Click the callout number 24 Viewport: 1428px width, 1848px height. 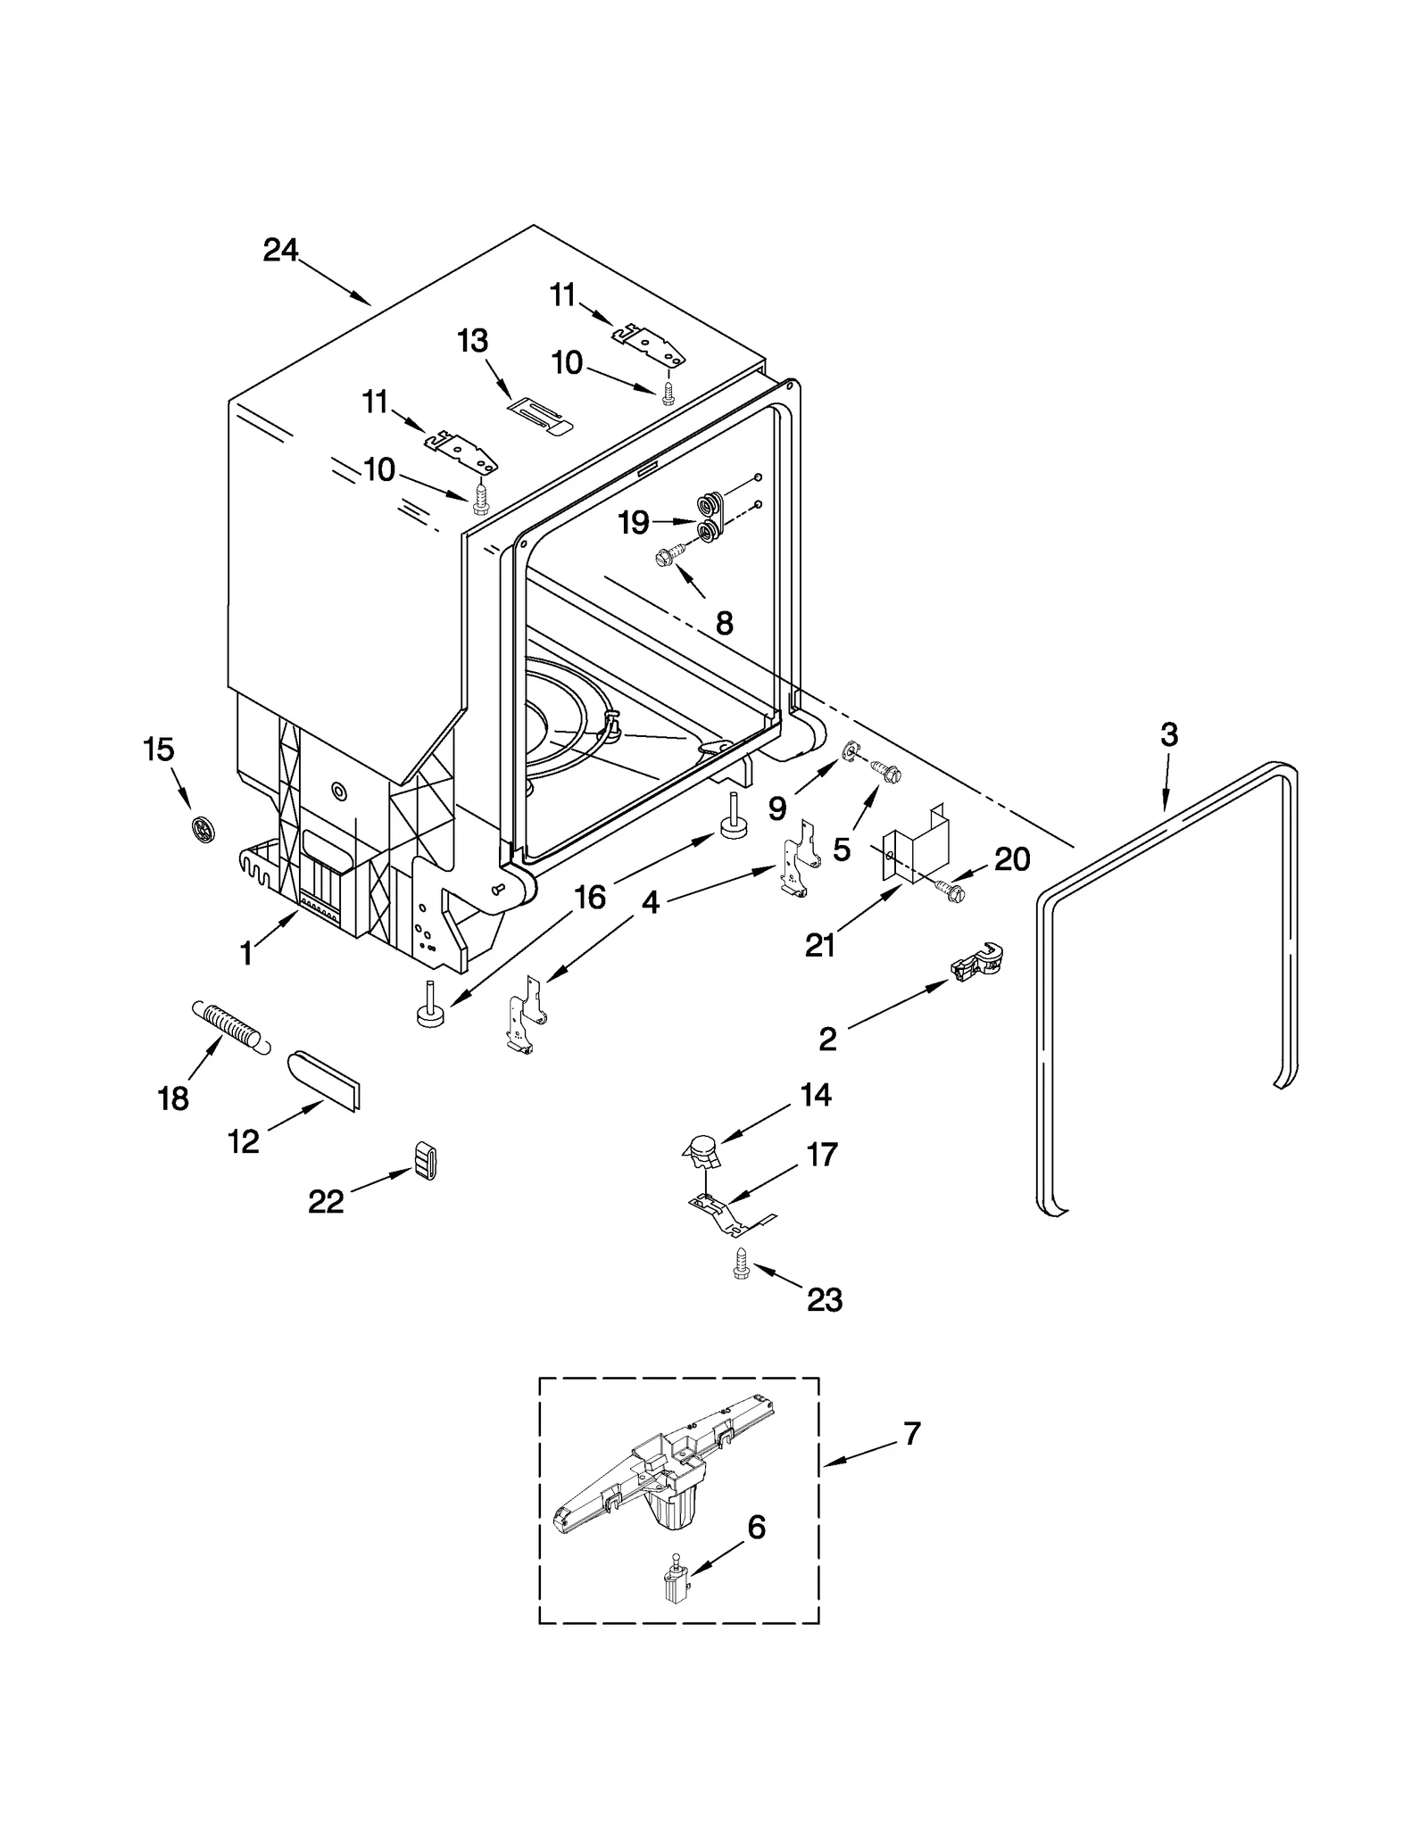pos(279,251)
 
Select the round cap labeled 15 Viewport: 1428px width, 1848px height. pos(203,830)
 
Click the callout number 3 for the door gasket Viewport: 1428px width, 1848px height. pos(1168,735)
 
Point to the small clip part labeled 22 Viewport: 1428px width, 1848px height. pos(426,1160)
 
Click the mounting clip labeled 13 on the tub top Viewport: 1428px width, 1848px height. pos(538,415)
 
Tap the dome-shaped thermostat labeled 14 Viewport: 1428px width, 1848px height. pos(700,1150)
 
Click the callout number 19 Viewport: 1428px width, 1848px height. pos(633,522)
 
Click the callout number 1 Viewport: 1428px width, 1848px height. pos(246,954)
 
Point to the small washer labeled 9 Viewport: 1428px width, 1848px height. pos(850,748)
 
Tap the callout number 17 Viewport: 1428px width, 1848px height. pos(821,1154)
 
